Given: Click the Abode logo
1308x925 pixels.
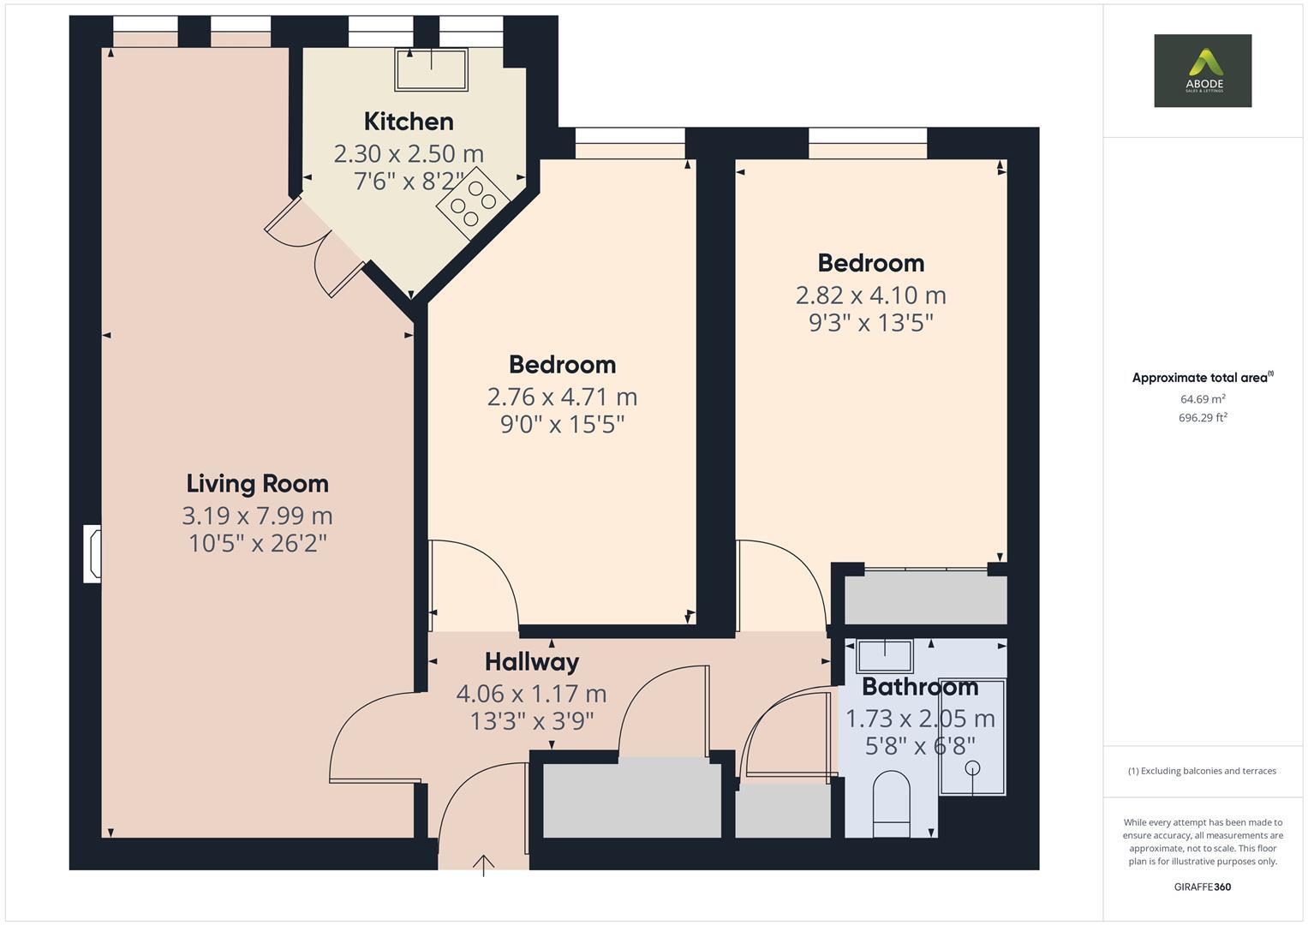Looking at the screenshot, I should click(x=1202, y=70).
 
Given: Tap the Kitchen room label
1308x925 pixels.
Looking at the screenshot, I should click(x=409, y=122).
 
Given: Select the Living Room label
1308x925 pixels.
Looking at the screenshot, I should click(x=257, y=484).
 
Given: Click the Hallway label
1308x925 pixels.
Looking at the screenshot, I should click(x=531, y=662).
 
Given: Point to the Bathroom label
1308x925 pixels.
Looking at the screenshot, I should click(x=920, y=687).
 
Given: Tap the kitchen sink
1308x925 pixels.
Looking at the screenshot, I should click(x=431, y=69).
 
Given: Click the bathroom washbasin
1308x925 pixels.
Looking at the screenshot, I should click(x=884, y=656).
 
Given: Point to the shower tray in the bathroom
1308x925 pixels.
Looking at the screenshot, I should click(x=972, y=737).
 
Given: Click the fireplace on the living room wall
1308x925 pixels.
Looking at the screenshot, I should click(x=92, y=554).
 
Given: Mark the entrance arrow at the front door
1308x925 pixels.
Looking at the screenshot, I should click(x=484, y=864).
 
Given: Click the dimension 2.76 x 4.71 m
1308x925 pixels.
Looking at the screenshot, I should click(x=562, y=397).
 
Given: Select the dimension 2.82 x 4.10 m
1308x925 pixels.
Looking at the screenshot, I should click(x=870, y=295).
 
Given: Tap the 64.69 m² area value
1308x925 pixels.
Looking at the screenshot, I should click(x=1202, y=399).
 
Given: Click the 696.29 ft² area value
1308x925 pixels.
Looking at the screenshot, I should click(x=1202, y=418).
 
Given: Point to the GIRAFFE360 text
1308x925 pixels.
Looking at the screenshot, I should click(x=1202, y=886).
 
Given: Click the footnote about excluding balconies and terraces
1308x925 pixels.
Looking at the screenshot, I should click(x=1202, y=771).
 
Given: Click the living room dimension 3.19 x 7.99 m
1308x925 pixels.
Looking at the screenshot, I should click(x=257, y=516).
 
